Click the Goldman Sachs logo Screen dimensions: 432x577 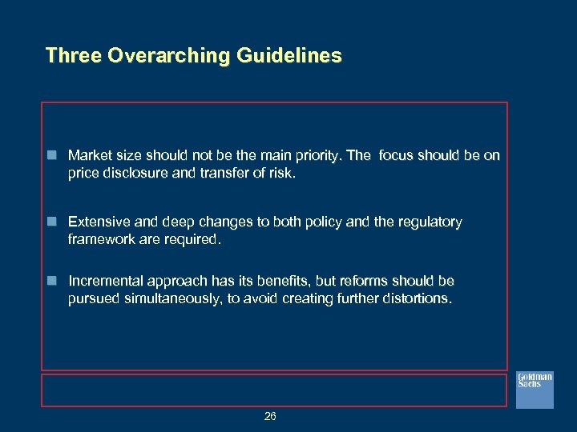[535, 390]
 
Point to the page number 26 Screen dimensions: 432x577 [270, 416]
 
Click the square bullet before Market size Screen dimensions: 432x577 [52, 155]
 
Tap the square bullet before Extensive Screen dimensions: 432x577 [52, 222]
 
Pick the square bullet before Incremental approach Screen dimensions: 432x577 [52, 281]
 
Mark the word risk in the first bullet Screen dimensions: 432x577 [280, 172]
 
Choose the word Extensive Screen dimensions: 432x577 [98, 222]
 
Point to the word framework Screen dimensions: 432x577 [103, 239]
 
